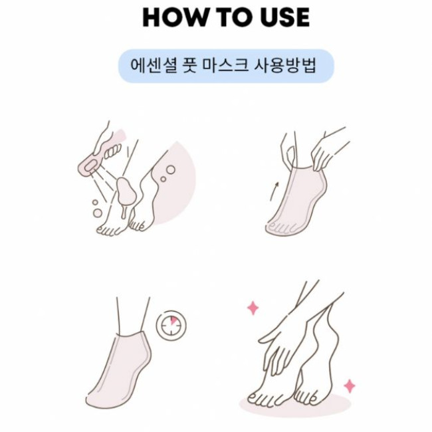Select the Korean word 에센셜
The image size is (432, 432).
coord(154,66)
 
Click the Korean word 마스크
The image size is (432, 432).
coord(225,66)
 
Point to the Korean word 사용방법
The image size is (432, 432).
coord(285,66)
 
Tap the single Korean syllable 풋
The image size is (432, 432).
coord(189,66)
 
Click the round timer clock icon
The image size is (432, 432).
coord(171,325)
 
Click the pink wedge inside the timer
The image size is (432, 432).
coord(173,321)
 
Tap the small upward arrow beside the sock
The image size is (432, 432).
coord(274,191)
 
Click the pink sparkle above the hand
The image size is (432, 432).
coord(253,308)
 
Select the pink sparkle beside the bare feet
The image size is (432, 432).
coord(350,385)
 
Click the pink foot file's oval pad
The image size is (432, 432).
coord(90,167)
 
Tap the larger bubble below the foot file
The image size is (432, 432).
coord(97,213)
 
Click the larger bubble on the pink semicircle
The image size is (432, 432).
coord(171,169)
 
